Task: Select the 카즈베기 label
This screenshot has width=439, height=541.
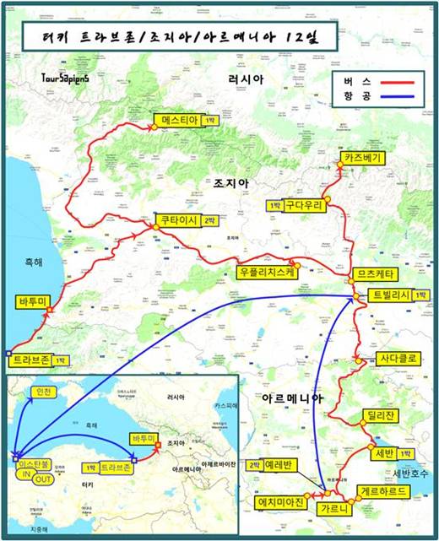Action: click(x=364, y=158)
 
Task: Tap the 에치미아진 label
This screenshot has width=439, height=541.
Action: click(x=284, y=503)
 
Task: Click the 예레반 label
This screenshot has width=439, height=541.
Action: click(x=278, y=465)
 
